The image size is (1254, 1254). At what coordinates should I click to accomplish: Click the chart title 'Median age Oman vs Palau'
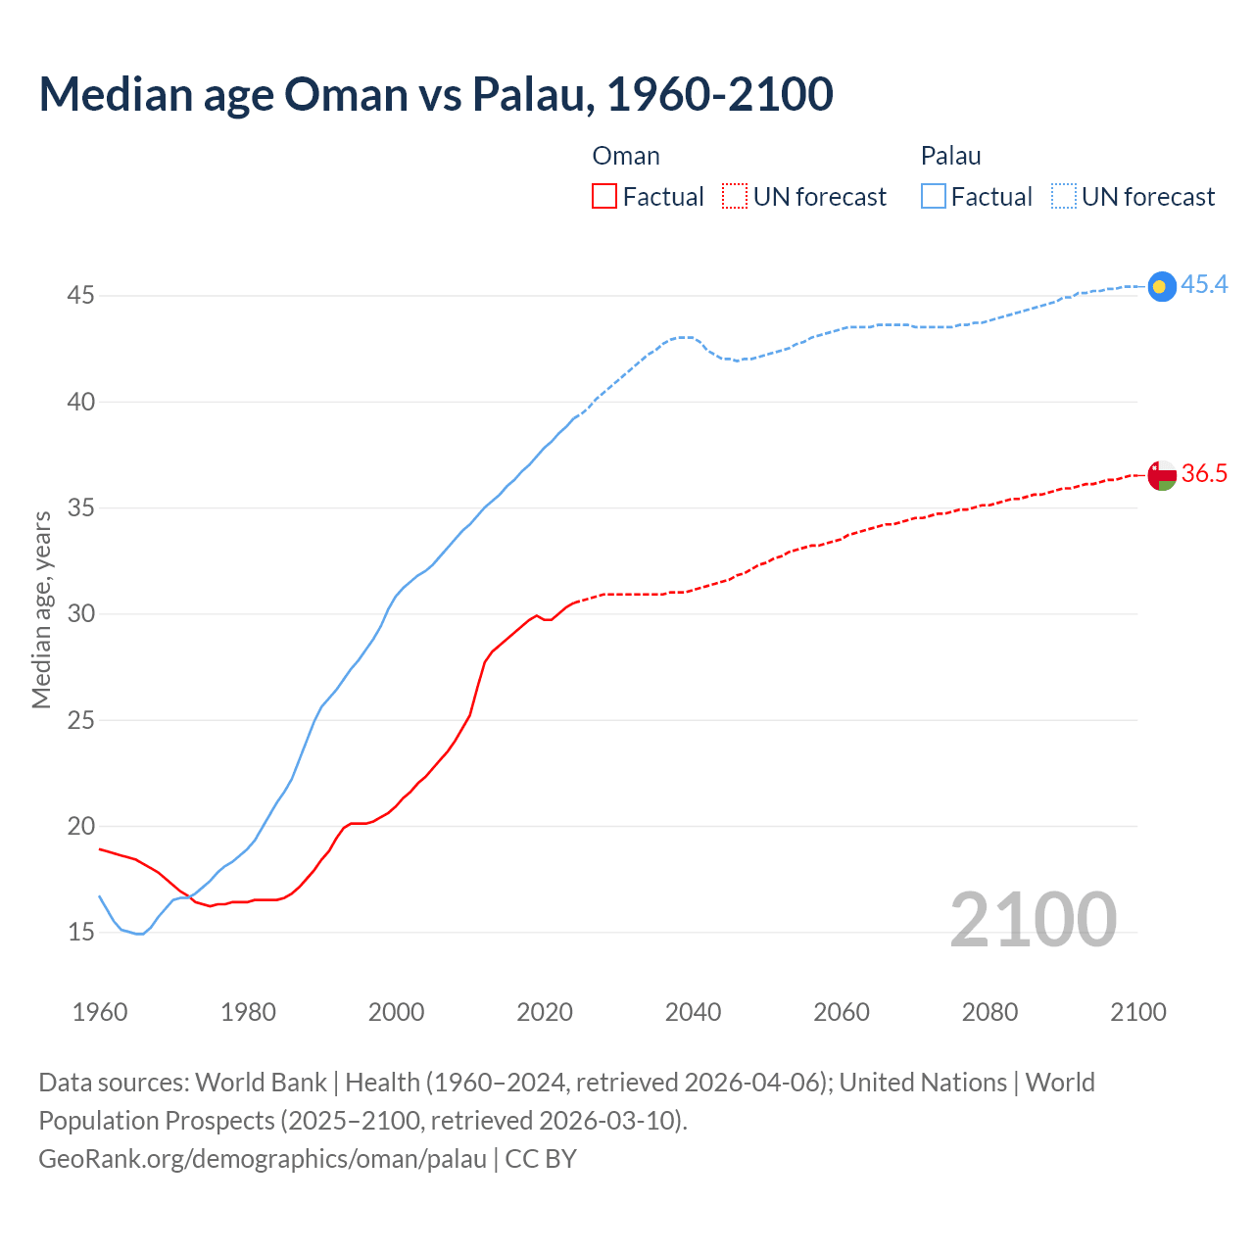pos(436,94)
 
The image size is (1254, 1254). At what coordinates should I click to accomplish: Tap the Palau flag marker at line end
pos(1161,285)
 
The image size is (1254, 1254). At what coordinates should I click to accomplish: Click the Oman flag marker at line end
pos(1161,475)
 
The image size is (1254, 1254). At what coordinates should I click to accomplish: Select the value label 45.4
pos(1204,285)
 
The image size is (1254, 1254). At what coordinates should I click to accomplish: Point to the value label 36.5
pos(1204,474)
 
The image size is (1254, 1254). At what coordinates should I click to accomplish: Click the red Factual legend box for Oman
pos(604,196)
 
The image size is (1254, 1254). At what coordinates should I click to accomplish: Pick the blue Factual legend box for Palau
pos(934,196)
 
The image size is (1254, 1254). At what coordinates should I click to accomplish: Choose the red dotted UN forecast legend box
pos(735,196)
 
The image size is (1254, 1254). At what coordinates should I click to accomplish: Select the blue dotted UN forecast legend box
pos(1063,196)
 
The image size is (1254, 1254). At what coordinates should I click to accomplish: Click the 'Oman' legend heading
pos(626,156)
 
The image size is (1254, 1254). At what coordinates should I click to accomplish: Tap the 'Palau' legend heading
pos(950,156)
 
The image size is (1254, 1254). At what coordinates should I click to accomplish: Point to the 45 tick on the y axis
pos(80,295)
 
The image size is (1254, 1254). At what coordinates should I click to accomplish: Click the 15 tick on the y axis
pos(80,932)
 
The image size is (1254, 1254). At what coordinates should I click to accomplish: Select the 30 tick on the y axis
pos(80,613)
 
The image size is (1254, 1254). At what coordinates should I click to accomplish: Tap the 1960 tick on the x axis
pos(100,1012)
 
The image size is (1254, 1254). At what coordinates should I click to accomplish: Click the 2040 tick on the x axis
pos(693,1012)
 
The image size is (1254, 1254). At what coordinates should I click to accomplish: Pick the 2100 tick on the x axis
pos(1137,1012)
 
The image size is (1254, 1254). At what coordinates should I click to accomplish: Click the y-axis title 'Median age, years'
pos(41,609)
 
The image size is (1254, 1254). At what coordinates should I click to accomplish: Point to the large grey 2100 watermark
pos(1033,919)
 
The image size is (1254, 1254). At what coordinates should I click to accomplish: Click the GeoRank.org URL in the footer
pos(263,1159)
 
